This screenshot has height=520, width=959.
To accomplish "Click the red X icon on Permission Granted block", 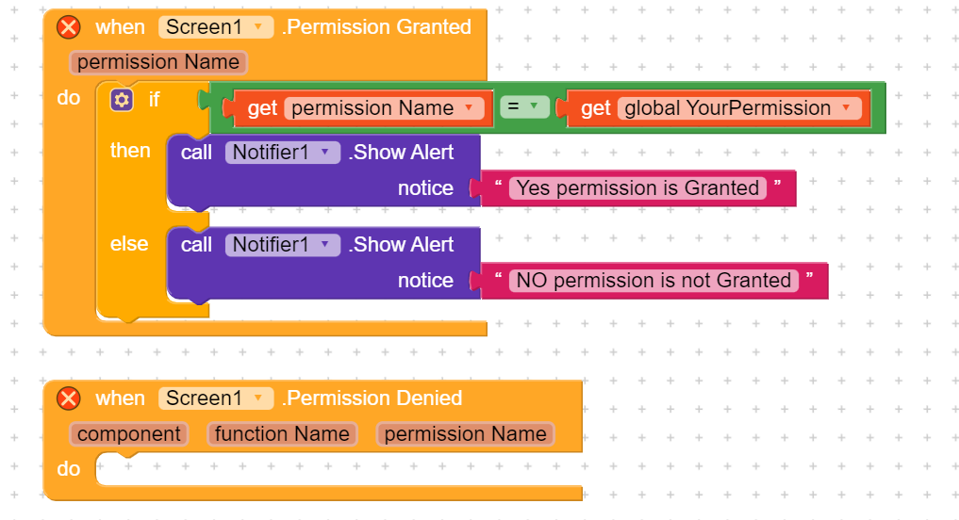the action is tap(69, 27).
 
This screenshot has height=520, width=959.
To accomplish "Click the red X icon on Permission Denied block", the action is tap(69, 398).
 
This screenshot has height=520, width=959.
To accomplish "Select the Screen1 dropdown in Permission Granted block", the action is tap(215, 27).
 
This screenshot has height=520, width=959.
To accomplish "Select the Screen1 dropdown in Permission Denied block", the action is tap(215, 398).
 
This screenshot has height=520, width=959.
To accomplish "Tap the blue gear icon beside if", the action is tap(122, 100).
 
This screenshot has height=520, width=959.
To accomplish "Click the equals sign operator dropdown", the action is tap(524, 107).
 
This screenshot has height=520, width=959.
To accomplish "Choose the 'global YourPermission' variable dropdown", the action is tap(739, 108).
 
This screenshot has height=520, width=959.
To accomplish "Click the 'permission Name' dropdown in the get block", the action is tap(384, 108).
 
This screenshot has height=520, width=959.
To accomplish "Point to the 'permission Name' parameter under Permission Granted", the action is tap(158, 62).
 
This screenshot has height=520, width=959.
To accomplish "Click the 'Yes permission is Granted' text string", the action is tap(637, 188).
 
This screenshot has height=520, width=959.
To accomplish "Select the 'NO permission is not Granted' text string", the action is tap(653, 281).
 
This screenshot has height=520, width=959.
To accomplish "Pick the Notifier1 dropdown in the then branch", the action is tap(283, 153).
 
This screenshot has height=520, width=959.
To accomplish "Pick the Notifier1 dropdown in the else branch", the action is tap(283, 245).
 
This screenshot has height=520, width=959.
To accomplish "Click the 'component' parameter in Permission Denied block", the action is tap(129, 434).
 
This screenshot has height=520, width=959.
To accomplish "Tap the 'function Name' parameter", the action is tap(282, 434).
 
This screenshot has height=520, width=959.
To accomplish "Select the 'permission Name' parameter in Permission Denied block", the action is tap(466, 434).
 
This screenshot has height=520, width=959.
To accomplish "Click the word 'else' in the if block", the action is tap(129, 244).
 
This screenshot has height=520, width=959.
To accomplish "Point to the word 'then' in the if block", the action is tap(130, 151).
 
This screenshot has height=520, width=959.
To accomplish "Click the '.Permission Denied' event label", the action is tap(372, 398).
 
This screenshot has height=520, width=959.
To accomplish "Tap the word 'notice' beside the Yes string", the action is tap(425, 188).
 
